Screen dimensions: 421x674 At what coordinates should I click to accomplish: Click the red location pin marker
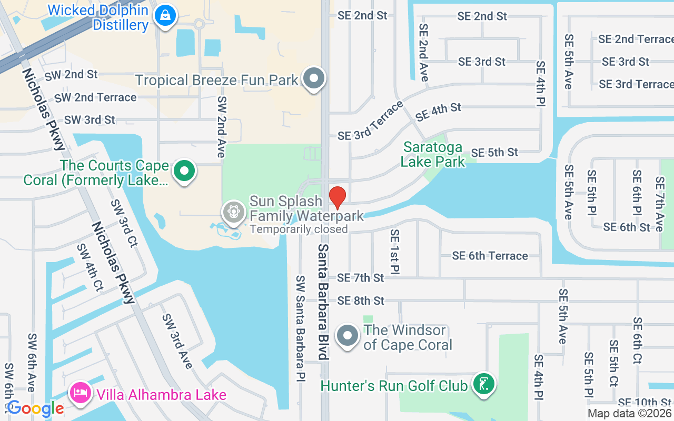338,197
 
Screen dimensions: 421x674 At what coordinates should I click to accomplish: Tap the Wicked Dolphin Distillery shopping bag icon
165,16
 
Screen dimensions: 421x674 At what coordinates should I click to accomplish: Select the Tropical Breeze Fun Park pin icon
314,78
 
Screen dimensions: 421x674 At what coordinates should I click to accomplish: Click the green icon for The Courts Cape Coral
184,172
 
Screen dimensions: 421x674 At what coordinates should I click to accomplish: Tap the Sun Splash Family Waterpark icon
233,212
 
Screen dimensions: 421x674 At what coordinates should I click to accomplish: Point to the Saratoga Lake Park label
433,154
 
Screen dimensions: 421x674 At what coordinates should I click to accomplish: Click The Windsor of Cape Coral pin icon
348,335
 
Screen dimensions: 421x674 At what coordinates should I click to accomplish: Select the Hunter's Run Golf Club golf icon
483,384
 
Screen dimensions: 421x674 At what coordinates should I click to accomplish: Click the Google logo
35,408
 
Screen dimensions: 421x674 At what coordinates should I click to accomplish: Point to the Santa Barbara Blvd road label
323,302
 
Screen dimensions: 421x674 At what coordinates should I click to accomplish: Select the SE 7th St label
361,277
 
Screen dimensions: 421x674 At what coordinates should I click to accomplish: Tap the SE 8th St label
361,300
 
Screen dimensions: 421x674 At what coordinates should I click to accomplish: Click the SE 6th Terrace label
490,256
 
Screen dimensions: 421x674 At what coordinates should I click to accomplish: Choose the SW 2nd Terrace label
95,97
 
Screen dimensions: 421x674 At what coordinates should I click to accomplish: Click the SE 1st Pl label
395,252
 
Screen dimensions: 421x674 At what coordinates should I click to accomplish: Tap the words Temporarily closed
299,229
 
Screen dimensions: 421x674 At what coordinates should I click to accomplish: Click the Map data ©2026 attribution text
630,414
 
